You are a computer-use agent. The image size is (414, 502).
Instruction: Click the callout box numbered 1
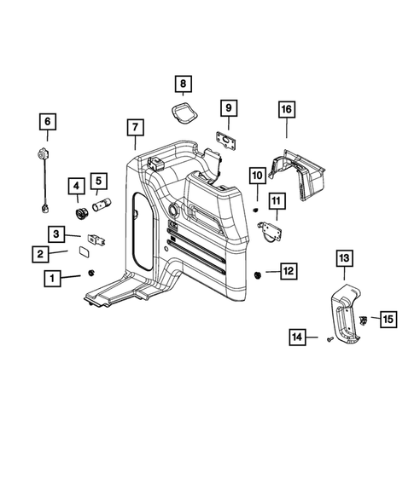coord(53,278)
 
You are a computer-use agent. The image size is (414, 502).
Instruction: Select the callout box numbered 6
coord(47,122)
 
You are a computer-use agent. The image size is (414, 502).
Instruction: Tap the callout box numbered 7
coord(134,128)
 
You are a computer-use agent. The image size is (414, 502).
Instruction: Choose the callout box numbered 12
coord(288,271)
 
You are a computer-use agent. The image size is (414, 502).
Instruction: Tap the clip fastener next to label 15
coord(363,319)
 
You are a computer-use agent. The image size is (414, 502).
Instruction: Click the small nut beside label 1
coord(89,273)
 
